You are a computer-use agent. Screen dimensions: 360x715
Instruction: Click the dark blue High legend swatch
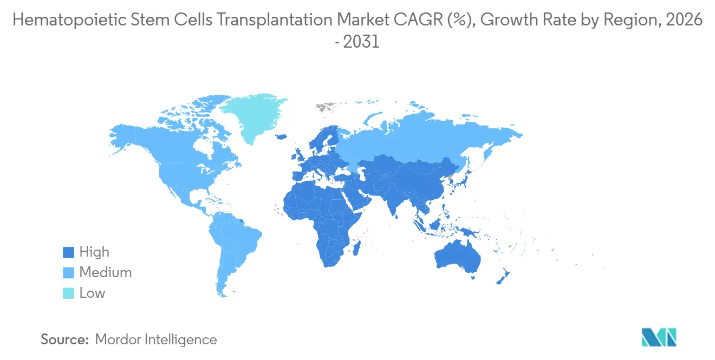click(68, 252)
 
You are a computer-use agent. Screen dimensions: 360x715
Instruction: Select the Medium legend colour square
click(68, 273)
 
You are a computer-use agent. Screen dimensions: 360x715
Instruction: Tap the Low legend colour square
click(68, 293)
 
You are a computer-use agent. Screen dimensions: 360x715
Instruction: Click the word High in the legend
click(94, 252)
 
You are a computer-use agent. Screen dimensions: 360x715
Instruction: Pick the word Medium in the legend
click(106, 273)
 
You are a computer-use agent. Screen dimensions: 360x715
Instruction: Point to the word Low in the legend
click(92, 293)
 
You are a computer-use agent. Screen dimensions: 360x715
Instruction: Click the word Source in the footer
click(64, 340)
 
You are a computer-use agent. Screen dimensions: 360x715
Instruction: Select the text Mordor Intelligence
click(155, 340)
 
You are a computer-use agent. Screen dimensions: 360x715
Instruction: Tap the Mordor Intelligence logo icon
click(659, 337)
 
